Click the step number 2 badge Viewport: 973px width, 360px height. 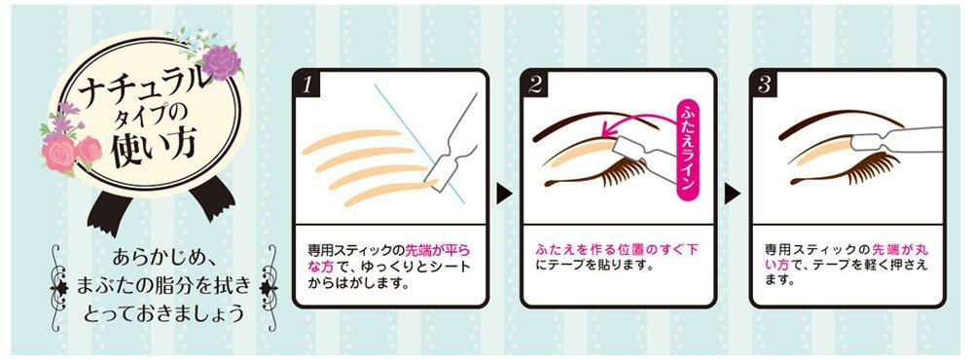pyautogui.click(x=535, y=85)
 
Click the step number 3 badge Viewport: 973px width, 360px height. pyautogui.click(x=764, y=85)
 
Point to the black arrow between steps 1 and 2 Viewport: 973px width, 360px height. pyautogui.click(x=504, y=195)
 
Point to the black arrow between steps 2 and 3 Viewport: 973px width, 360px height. pyautogui.click(x=733, y=195)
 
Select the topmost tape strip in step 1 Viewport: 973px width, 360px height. pyautogui.click(x=350, y=141)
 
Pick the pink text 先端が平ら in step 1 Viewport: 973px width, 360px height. pyautogui.click(x=438, y=250)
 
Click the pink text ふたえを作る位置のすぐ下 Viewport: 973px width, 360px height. pyautogui.click(x=617, y=250)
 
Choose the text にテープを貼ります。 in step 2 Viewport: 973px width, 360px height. pyautogui.click(x=587, y=267)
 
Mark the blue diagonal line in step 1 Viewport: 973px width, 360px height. pyautogui.click(x=419, y=143)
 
